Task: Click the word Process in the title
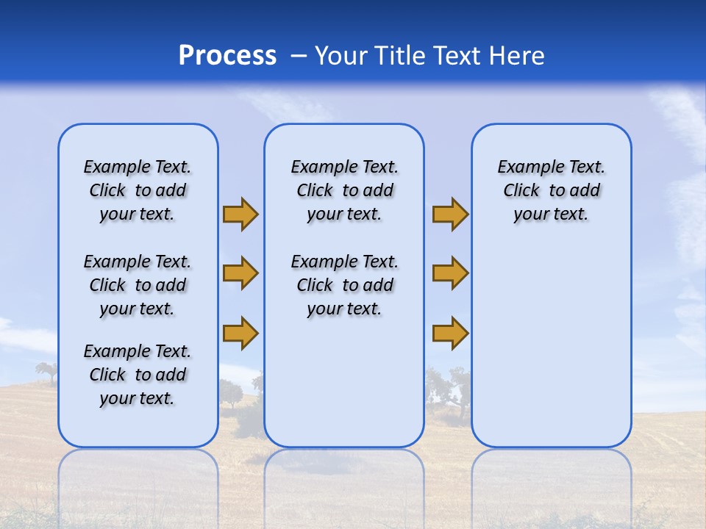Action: tap(227, 56)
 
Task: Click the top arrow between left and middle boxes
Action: tap(240, 214)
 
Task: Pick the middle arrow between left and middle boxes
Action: tap(240, 273)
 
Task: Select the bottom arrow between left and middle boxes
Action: tap(240, 332)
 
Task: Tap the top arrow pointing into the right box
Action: tap(450, 214)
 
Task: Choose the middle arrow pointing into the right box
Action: tap(450, 273)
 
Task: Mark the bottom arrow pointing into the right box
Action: tap(450, 334)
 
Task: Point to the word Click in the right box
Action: tap(521, 191)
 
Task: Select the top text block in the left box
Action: tap(138, 190)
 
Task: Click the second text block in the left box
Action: tap(138, 285)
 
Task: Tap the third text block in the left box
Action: tap(138, 375)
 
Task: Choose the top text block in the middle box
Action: tap(344, 190)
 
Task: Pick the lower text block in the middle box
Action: tap(344, 285)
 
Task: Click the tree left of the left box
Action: tap(46, 372)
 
